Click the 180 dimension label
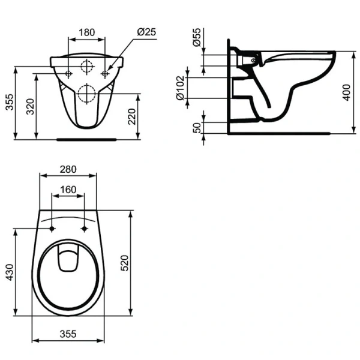click(88, 32)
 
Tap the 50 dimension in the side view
click(196, 127)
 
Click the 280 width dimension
click(68, 170)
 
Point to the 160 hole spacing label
click(68, 189)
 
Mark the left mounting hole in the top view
click(52, 229)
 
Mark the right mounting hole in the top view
click(84, 229)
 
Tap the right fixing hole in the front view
click(106, 74)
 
